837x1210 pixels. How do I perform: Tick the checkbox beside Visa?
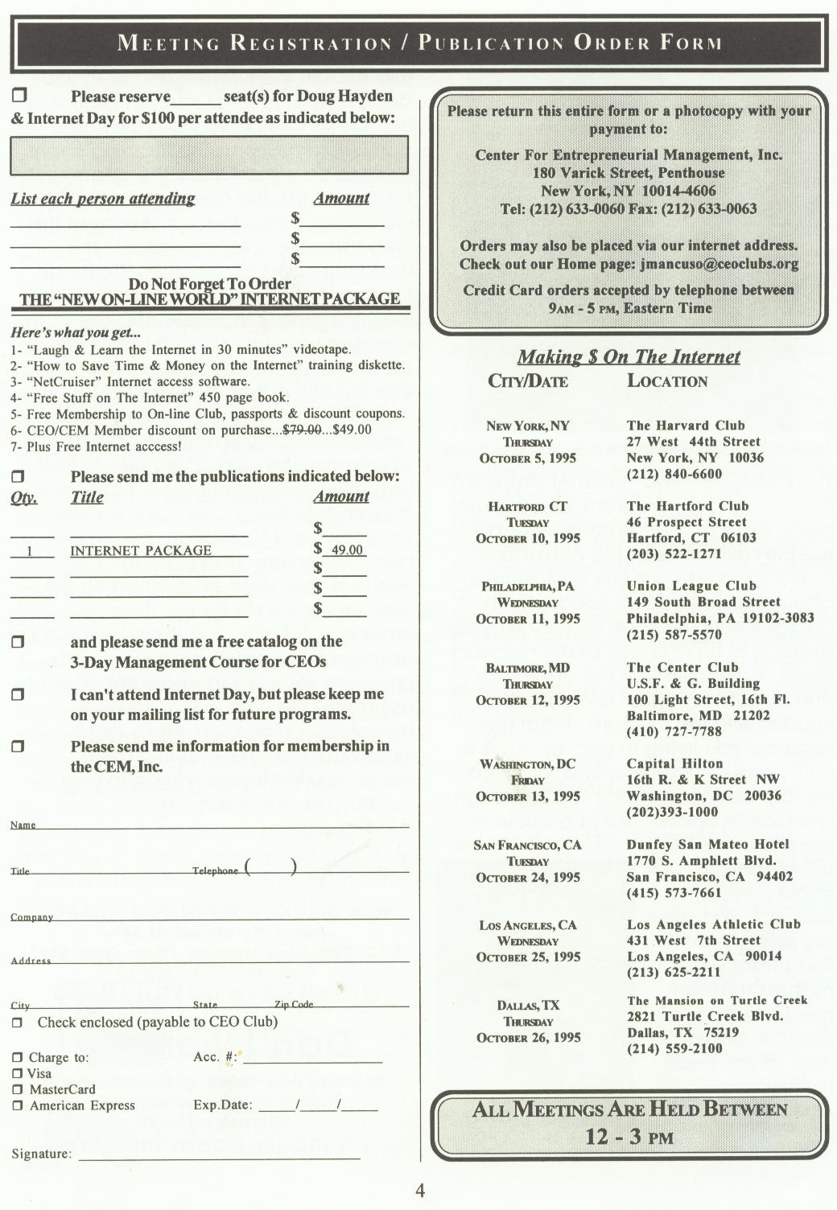(x=17, y=1073)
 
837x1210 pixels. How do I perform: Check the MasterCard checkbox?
(x=17, y=1089)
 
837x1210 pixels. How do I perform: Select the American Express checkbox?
(x=17, y=1105)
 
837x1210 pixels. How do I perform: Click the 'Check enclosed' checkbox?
(x=17, y=1023)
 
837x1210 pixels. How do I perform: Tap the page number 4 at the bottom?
(x=419, y=1191)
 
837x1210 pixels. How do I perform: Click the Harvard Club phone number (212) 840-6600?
(x=674, y=474)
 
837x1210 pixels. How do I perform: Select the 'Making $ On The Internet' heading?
(x=629, y=356)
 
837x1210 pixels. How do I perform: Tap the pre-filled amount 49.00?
(x=347, y=550)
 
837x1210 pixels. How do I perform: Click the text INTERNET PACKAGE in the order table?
(x=141, y=550)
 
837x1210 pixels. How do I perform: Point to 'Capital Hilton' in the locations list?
(x=674, y=763)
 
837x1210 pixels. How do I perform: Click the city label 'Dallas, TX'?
(x=528, y=1006)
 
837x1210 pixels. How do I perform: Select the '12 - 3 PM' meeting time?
(x=629, y=1137)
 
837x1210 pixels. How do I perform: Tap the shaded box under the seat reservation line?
(x=209, y=154)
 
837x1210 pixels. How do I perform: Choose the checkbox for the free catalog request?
(x=18, y=642)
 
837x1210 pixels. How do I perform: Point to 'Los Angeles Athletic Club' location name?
(x=713, y=924)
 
